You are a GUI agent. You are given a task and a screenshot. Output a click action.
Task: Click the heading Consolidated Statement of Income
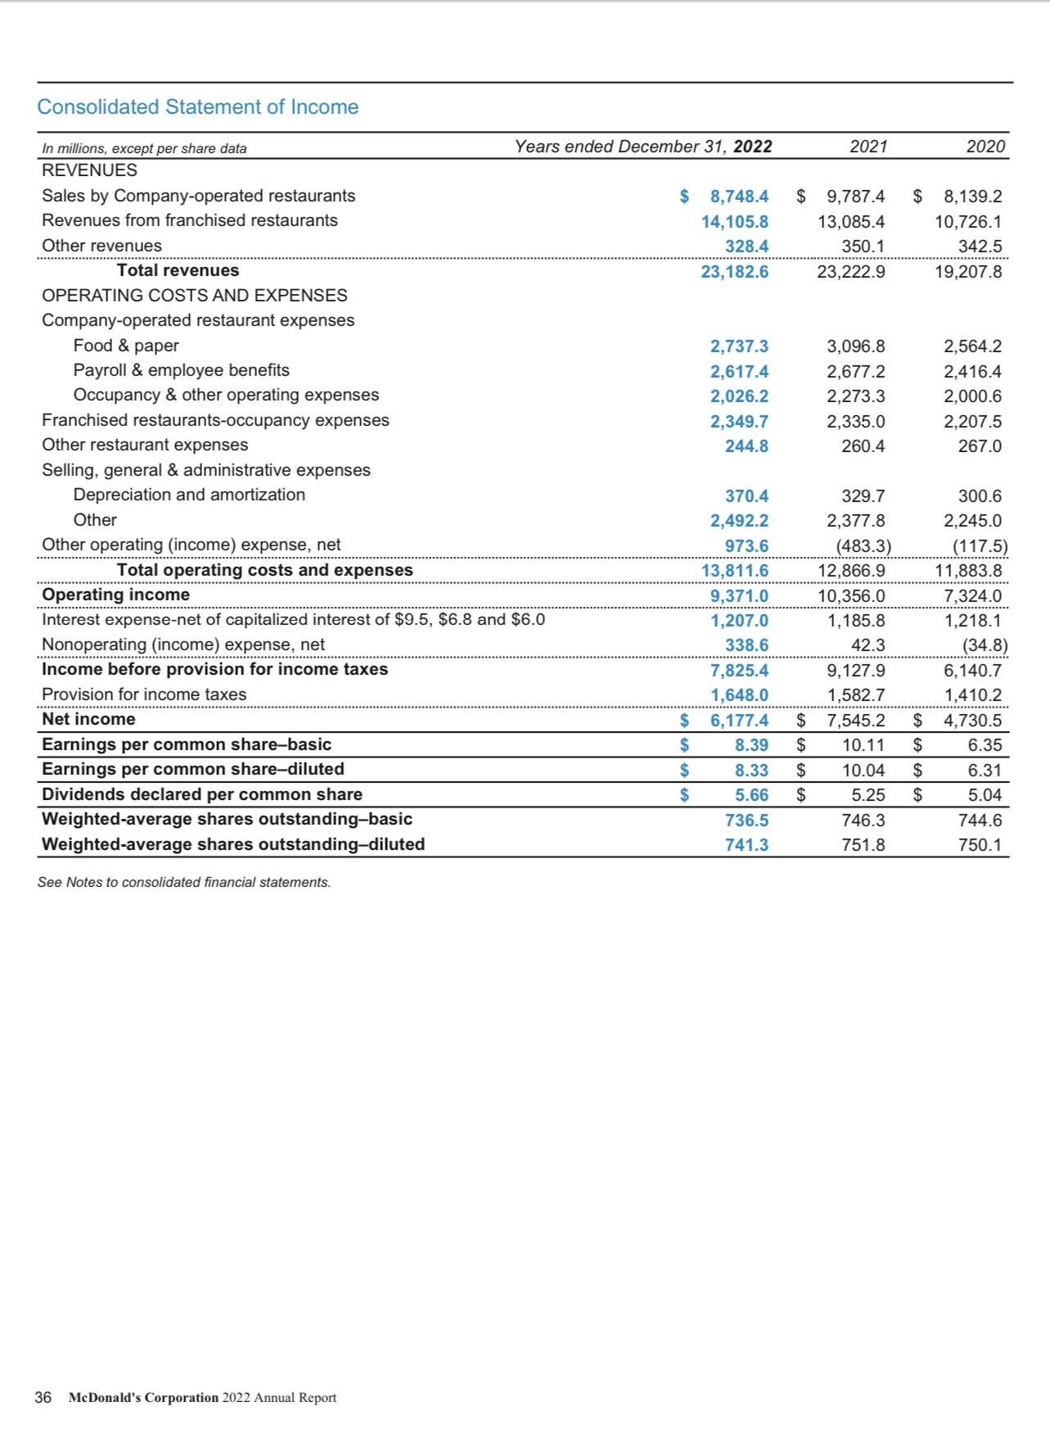click(x=198, y=107)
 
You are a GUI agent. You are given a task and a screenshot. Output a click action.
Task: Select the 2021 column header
click(x=868, y=147)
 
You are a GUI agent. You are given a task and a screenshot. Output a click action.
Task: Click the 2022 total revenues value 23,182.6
click(x=734, y=272)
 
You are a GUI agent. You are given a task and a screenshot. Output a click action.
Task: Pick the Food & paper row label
click(x=126, y=346)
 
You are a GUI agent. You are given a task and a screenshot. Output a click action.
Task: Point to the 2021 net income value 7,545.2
click(x=855, y=721)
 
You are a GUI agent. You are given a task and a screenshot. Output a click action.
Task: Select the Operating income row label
click(x=115, y=595)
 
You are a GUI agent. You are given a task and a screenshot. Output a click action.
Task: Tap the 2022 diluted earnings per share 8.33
click(x=751, y=771)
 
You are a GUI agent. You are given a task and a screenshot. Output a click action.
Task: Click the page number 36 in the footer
click(x=43, y=1398)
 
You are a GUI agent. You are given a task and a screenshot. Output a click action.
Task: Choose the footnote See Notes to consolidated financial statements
click(x=184, y=882)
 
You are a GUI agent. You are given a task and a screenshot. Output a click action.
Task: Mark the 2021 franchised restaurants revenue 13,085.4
click(x=851, y=222)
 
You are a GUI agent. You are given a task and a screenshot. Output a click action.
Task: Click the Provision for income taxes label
click(x=144, y=694)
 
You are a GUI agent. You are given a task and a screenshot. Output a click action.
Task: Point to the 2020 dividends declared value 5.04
click(x=985, y=795)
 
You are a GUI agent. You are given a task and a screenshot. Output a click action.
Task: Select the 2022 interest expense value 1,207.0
click(x=739, y=621)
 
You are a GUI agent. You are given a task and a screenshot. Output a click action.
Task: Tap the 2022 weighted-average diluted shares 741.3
click(x=746, y=845)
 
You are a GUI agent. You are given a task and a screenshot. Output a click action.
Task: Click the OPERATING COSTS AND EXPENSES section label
click(x=195, y=296)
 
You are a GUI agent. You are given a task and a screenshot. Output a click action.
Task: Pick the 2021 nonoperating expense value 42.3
click(x=867, y=645)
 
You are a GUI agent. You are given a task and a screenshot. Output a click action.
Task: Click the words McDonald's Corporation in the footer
click(x=144, y=1398)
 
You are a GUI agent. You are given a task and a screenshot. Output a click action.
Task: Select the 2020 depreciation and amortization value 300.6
click(x=980, y=496)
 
